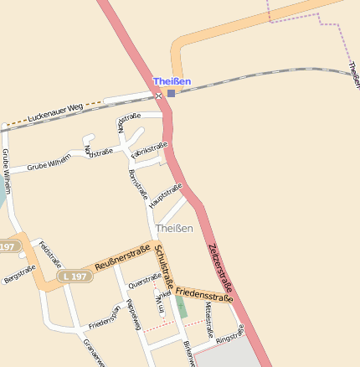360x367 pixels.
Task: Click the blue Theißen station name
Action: [x=172, y=81]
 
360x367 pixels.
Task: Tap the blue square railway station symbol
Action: [x=172, y=93]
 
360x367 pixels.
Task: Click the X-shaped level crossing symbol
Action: [x=158, y=96]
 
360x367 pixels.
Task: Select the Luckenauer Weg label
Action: [x=55, y=111]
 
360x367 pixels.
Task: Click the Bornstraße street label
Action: [x=137, y=185]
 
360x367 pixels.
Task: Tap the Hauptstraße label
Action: [x=165, y=196]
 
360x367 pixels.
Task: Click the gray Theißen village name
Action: [x=174, y=227]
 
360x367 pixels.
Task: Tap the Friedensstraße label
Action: [x=204, y=293]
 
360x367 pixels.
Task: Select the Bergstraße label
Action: [x=20, y=274]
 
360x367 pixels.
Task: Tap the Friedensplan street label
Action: [x=105, y=320]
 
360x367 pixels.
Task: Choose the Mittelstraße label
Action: [x=208, y=318]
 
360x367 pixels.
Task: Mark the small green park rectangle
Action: [x=182, y=306]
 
